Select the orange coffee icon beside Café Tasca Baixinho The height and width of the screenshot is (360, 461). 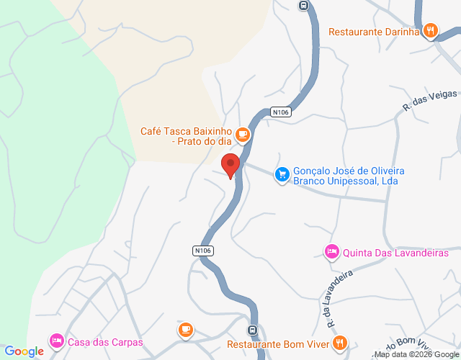click(x=243, y=133)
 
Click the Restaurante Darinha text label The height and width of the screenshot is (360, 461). click(x=374, y=31)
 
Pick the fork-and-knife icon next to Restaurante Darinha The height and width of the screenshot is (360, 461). click(x=430, y=30)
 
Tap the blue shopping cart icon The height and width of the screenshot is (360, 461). click(x=282, y=174)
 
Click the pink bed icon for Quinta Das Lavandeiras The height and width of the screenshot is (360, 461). click(x=331, y=251)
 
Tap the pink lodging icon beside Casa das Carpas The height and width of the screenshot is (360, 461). click(x=56, y=341)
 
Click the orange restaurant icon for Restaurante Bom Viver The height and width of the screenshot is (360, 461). click(x=341, y=343)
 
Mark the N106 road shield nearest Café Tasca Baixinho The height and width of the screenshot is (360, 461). click(x=281, y=112)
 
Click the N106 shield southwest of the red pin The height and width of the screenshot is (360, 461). click(x=203, y=250)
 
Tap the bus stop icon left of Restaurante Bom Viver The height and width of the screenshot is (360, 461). click(x=252, y=330)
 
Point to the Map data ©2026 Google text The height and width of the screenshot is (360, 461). click(x=415, y=354)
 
